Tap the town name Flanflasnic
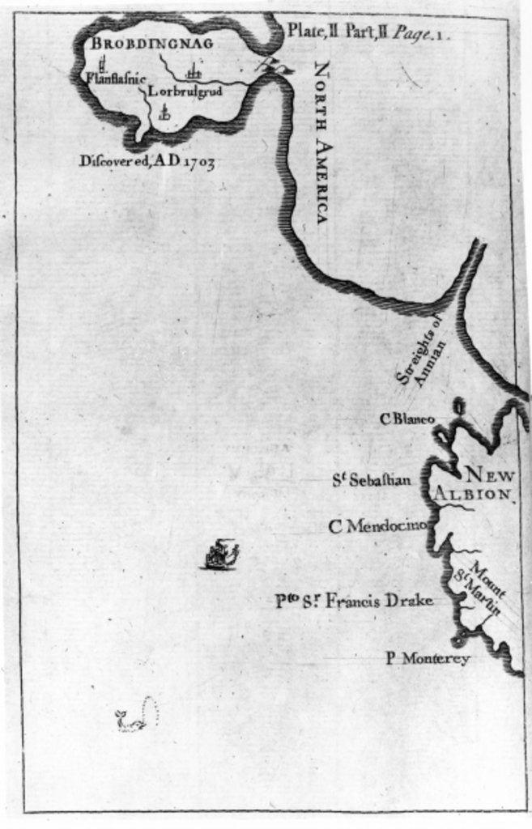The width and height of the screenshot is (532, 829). (x=116, y=78)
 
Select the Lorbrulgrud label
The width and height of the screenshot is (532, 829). (x=185, y=91)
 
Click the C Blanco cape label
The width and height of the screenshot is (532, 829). (x=408, y=419)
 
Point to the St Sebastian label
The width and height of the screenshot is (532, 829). (x=372, y=480)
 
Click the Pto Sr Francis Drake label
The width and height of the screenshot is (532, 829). (x=355, y=601)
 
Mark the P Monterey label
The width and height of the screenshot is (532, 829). (x=427, y=659)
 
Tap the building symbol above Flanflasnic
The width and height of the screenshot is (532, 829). (x=103, y=64)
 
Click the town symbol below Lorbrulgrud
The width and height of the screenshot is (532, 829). (x=165, y=113)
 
